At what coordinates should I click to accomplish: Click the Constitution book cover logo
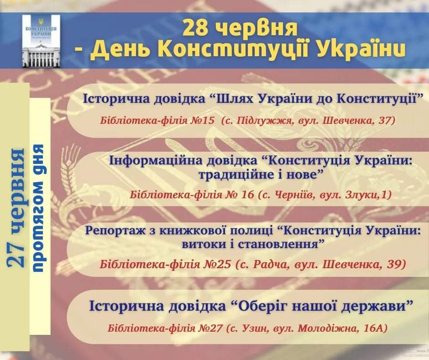[41, 42]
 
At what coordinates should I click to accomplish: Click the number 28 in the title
[195, 28]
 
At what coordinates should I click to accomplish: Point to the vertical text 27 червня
[16, 208]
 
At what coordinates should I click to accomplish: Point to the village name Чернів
[294, 195]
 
